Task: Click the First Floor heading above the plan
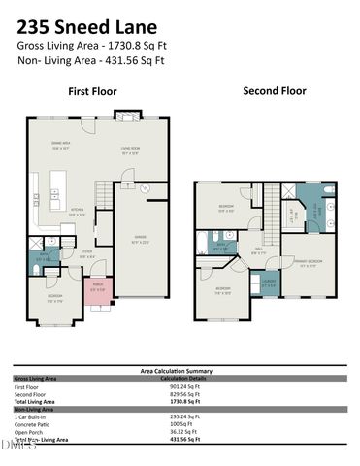(x=93, y=92)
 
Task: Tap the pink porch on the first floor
(x=97, y=288)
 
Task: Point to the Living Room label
(x=130, y=150)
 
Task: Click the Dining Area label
(x=60, y=146)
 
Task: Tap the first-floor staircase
(x=103, y=191)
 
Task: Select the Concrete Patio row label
(x=34, y=424)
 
